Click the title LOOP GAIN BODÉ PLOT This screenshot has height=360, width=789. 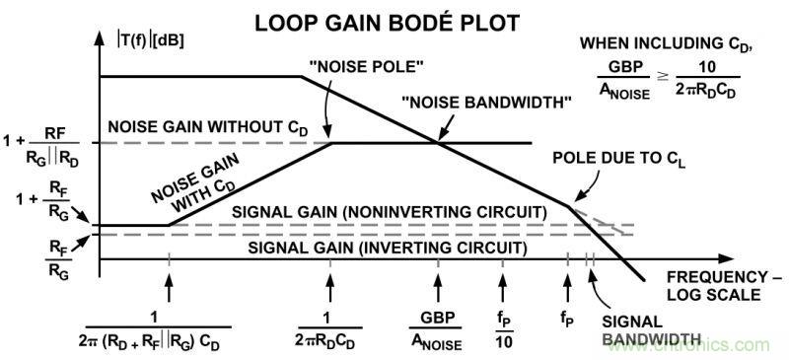pos(387,23)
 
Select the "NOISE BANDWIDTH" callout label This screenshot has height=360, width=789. pos(486,103)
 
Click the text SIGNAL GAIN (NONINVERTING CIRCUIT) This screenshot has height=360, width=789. pos(389,212)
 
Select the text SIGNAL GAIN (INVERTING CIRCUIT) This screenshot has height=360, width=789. pos(388,248)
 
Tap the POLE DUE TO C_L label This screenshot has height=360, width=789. pos(619,159)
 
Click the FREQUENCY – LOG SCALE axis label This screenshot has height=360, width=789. pos(725,285)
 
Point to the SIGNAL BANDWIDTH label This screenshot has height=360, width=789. pos(644,330)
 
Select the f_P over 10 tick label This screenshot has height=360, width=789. pos(502,329)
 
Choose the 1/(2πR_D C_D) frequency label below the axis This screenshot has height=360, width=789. pos(330,330)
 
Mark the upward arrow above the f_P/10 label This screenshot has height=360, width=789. pos(502,289)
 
